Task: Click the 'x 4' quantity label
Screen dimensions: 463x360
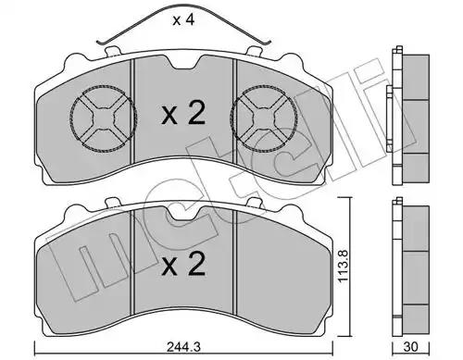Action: tap(183, 20)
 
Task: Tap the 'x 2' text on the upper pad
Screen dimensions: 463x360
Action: tap(183, 114)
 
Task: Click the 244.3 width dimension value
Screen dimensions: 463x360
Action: tap(183, 347)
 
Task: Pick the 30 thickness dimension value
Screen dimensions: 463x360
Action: tap(410, 347)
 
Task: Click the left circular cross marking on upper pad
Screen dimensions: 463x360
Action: tap(104, 118)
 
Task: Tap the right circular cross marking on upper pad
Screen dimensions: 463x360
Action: tap(263, 118)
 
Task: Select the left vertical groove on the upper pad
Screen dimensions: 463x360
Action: tap(133, 111)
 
